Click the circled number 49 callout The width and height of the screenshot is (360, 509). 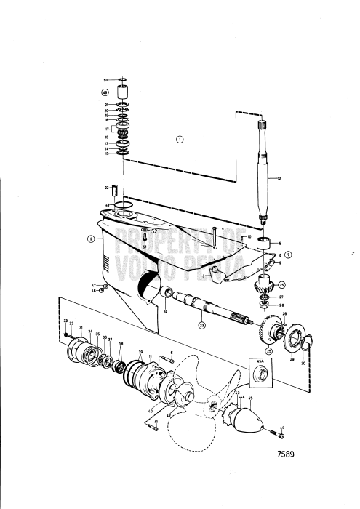(105, 93)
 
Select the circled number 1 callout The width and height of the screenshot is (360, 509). (180, 139)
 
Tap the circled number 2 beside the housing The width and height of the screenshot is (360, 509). (92, 238)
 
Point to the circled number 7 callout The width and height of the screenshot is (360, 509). (289, 254)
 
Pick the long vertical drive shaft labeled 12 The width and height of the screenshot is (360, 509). (262, 167)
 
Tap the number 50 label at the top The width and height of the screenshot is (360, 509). (105, 79)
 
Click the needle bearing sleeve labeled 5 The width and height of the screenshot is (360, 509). (265, 242)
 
